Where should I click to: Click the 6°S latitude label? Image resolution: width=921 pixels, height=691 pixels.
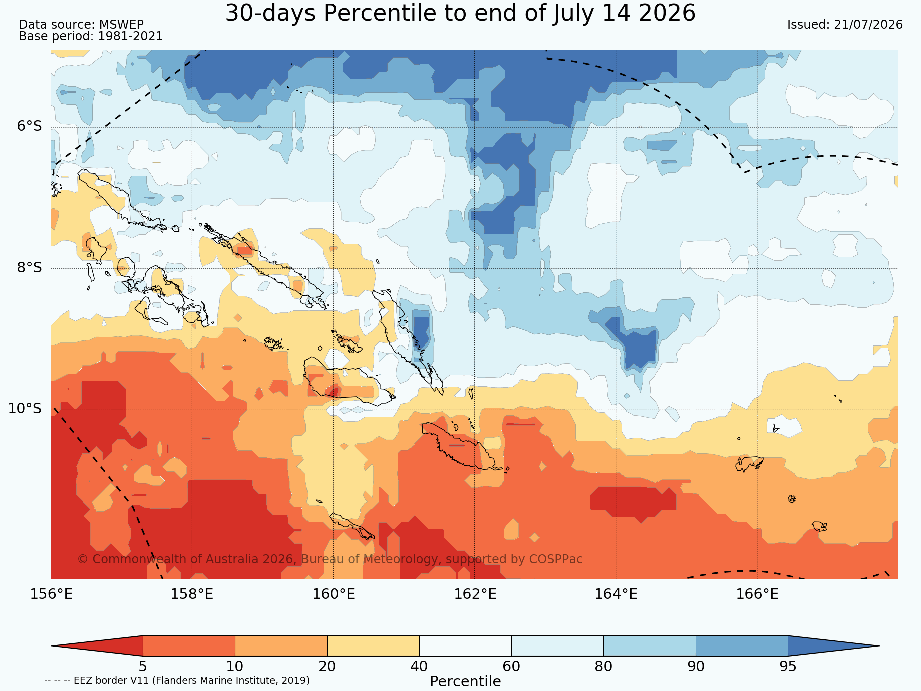click(29, 126)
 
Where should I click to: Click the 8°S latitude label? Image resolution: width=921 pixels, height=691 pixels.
click(29, 267)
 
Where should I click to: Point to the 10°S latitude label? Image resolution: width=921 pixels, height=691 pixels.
click(25, 409)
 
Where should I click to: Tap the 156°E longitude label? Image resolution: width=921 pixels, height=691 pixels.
click(51, 594)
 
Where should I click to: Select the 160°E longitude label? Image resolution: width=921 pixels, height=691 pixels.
click(334, 594)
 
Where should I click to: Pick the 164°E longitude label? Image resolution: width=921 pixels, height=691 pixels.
click(616, 594)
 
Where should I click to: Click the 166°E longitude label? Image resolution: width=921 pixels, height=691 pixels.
click(757, 594)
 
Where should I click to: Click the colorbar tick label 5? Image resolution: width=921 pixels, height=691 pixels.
click(143, 667)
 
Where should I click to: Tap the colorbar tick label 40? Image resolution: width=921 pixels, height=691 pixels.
click(419, 667)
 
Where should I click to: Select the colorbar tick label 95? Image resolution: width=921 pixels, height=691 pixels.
click(788, 667)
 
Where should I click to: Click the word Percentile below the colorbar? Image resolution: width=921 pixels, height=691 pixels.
click(465, 682)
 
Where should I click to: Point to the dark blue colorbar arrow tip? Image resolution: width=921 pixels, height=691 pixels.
click(879, 646)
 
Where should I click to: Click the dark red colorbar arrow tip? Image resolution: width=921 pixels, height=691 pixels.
click(52, 646)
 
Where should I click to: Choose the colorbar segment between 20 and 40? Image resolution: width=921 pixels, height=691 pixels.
click(373, 646)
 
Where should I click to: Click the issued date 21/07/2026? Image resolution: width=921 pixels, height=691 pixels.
click(868, 25)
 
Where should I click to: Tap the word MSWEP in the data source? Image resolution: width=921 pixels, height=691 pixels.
click(121, 25)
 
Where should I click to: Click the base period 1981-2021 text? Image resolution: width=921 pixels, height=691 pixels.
click(130, 36)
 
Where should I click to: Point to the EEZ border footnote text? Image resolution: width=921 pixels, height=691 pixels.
click(177, 681)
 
